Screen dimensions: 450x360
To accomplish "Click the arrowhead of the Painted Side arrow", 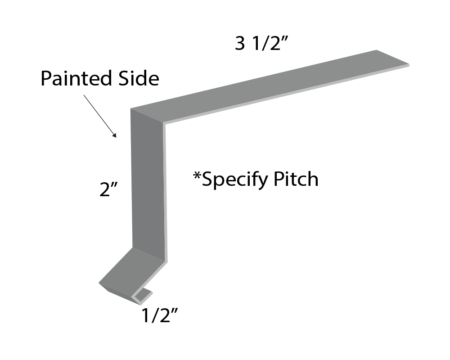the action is (x=115, y=135).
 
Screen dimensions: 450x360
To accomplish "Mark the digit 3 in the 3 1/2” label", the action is (x=240, y=44).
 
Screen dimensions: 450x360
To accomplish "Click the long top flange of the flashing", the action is (x=270, y=85).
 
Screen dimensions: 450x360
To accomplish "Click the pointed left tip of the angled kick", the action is (x=100, y=283).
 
